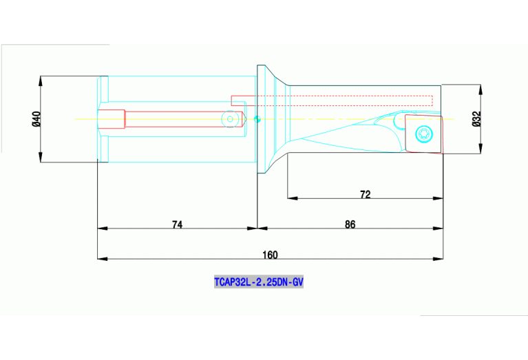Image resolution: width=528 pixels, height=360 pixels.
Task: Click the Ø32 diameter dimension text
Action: [x=476, y=119]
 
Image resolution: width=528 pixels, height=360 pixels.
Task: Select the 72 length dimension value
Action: [x=365, y=195]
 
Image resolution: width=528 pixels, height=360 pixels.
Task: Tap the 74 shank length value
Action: [x=177, y=224]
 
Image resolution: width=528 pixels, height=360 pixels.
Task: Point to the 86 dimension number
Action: [x=350, y=224]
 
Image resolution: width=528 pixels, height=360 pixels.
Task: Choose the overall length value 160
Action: [x=270, y=255]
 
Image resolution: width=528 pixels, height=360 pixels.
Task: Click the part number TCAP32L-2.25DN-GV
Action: [x=258, y=282]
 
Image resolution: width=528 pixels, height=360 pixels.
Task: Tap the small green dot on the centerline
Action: [x=257, y=120]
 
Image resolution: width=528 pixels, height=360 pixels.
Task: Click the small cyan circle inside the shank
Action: [x=229, y=120]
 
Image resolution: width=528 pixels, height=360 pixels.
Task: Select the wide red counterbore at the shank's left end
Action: [x=112, y=119]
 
